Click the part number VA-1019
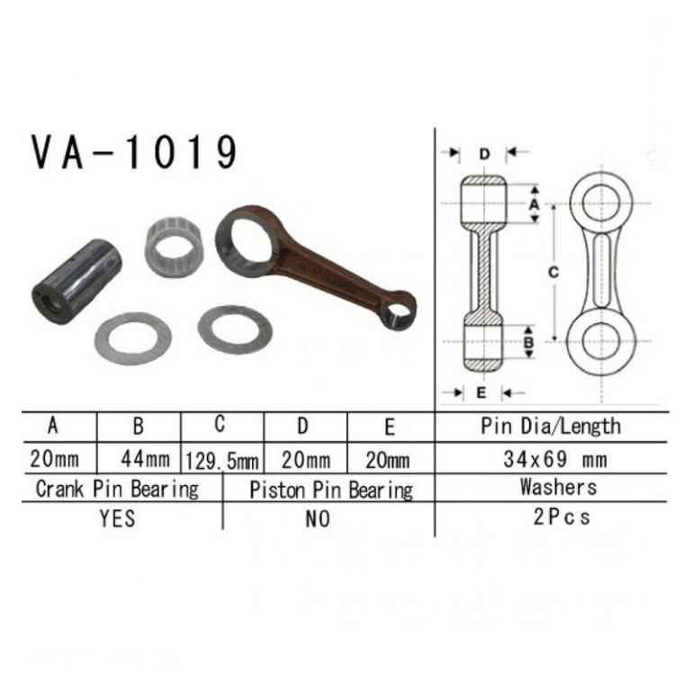(134, 152)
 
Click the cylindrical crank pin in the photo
(76, 282)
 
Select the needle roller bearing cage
(174, 247)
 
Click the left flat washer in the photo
(133, 338)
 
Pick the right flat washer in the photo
(235, 329)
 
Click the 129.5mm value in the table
(222, 462)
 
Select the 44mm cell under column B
(146, 460)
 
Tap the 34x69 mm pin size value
(555, 460)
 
